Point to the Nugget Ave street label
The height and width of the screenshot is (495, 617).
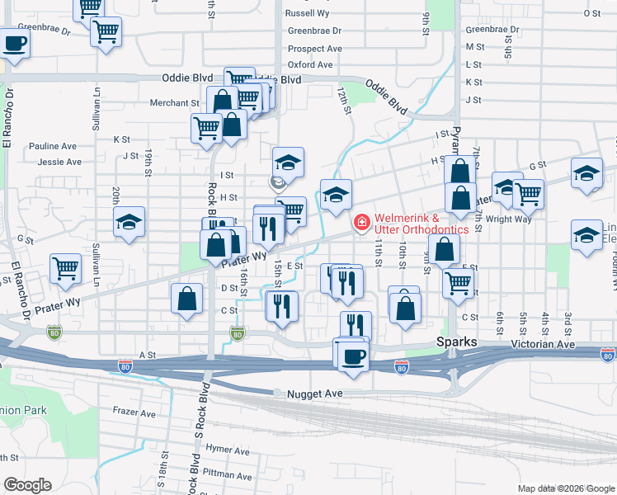coord(314,394)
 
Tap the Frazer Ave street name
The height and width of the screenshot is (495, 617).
coord(134,412)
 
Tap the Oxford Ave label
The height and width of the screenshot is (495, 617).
coord(309,64)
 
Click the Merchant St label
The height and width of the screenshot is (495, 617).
coord(175,103)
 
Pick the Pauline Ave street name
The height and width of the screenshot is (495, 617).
coord(53,146)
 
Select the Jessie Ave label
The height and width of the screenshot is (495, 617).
coord(59,162)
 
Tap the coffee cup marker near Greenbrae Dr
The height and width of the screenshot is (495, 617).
coord(14,44)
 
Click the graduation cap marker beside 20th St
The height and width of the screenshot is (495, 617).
coord(129,223)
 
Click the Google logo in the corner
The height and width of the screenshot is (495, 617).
coord(27,485)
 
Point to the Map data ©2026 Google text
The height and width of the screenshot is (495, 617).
coord(566,488)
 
